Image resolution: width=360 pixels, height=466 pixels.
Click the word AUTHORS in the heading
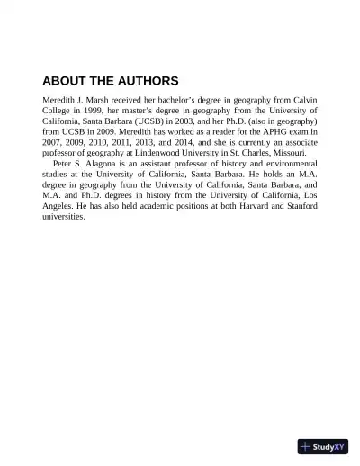(144, 80)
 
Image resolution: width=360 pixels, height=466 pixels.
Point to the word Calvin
(301, 98)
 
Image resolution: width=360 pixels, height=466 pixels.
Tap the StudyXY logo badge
(323, 446)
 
